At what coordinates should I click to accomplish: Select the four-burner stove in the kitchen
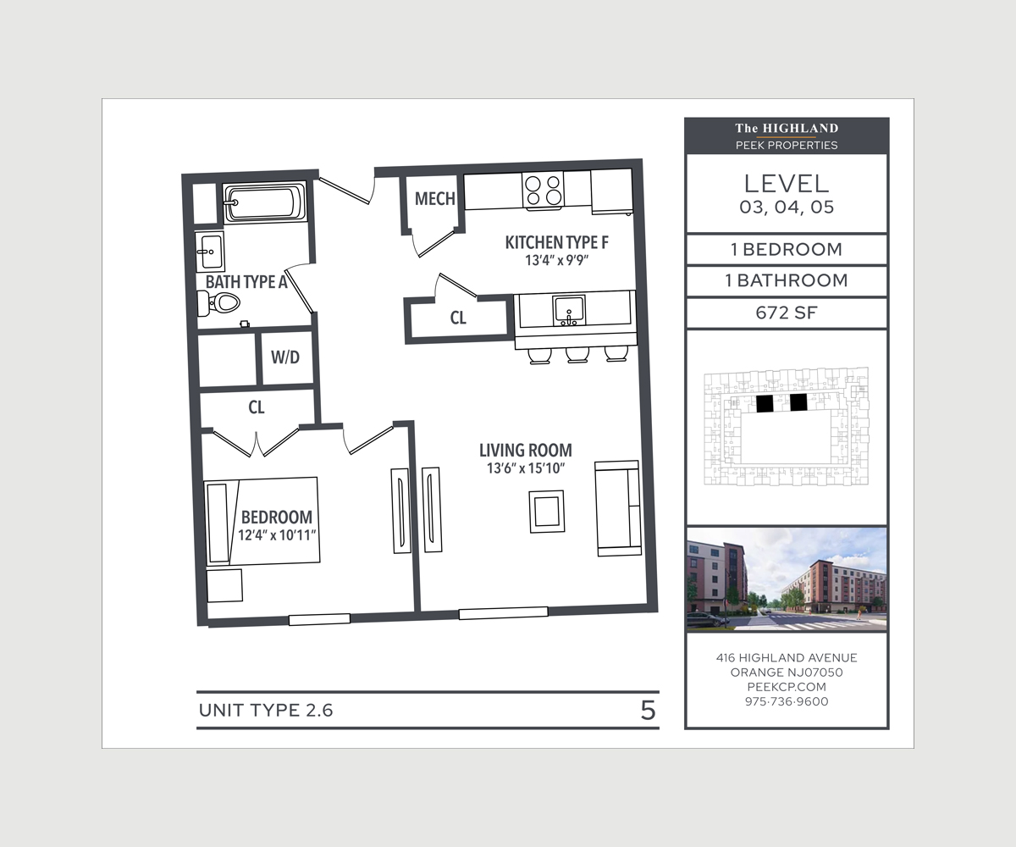(544, 190)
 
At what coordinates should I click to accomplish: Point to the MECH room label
(434, 200)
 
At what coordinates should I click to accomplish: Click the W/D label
(285, 357)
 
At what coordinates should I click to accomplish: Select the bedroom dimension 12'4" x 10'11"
(277, 534)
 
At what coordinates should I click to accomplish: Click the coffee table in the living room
(546, 512)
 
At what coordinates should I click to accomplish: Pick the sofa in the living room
(617, 508)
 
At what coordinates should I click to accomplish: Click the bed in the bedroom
(262, 521)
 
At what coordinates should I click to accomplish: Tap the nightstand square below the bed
(225, 585)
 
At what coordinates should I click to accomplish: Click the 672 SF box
(786, 313)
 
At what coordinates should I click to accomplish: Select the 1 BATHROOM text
(786, 280)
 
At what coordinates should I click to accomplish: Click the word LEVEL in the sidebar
(786, 183)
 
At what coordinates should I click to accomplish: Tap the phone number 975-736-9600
(786, 701)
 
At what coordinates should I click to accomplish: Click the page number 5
(648, 710)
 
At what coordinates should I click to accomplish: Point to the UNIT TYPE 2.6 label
(266, 710)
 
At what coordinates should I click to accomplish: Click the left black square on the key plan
(765, 403)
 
